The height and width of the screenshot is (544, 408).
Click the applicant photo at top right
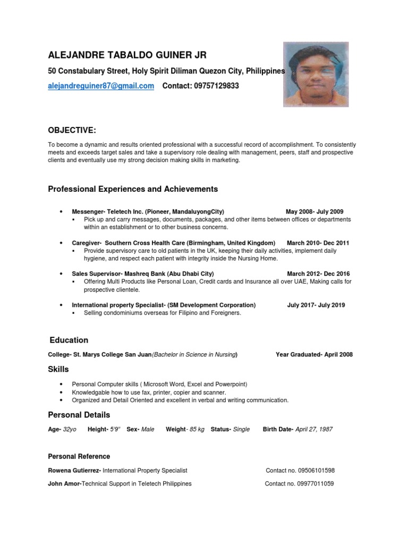pyautogui.click(x=316, y=74)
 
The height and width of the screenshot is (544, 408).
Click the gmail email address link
pyautogui.click(x=101, y=86)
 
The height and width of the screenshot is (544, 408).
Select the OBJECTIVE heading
pyautogui.click(x=72, y=131)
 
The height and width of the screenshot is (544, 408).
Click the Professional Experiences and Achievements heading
pyautogui.click(x=133, y=189)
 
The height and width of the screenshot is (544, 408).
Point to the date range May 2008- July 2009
pyautogui.click(x=314, y=211)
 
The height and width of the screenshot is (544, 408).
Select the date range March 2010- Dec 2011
pyautogui.click(x=318, y=243)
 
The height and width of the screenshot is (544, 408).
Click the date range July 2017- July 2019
pyautogui.click(x=316, y=305)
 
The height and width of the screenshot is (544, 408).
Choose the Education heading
pyautogui.click(x=69, y=340)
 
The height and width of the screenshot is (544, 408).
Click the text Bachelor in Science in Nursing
pyautogui.click(x=195, y=355)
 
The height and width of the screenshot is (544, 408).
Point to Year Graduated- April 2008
pyautogui.click(x=314, y=355)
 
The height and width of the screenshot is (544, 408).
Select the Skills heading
pyautogui.click(x=58, y=369)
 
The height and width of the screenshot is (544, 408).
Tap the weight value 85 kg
pyautogui.click(x=195, y=429)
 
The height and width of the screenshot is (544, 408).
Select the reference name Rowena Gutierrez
pyautogui.click(x=74, y=471)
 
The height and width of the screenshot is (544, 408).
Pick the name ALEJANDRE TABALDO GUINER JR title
pyautogui.click(x=127, y=55)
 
